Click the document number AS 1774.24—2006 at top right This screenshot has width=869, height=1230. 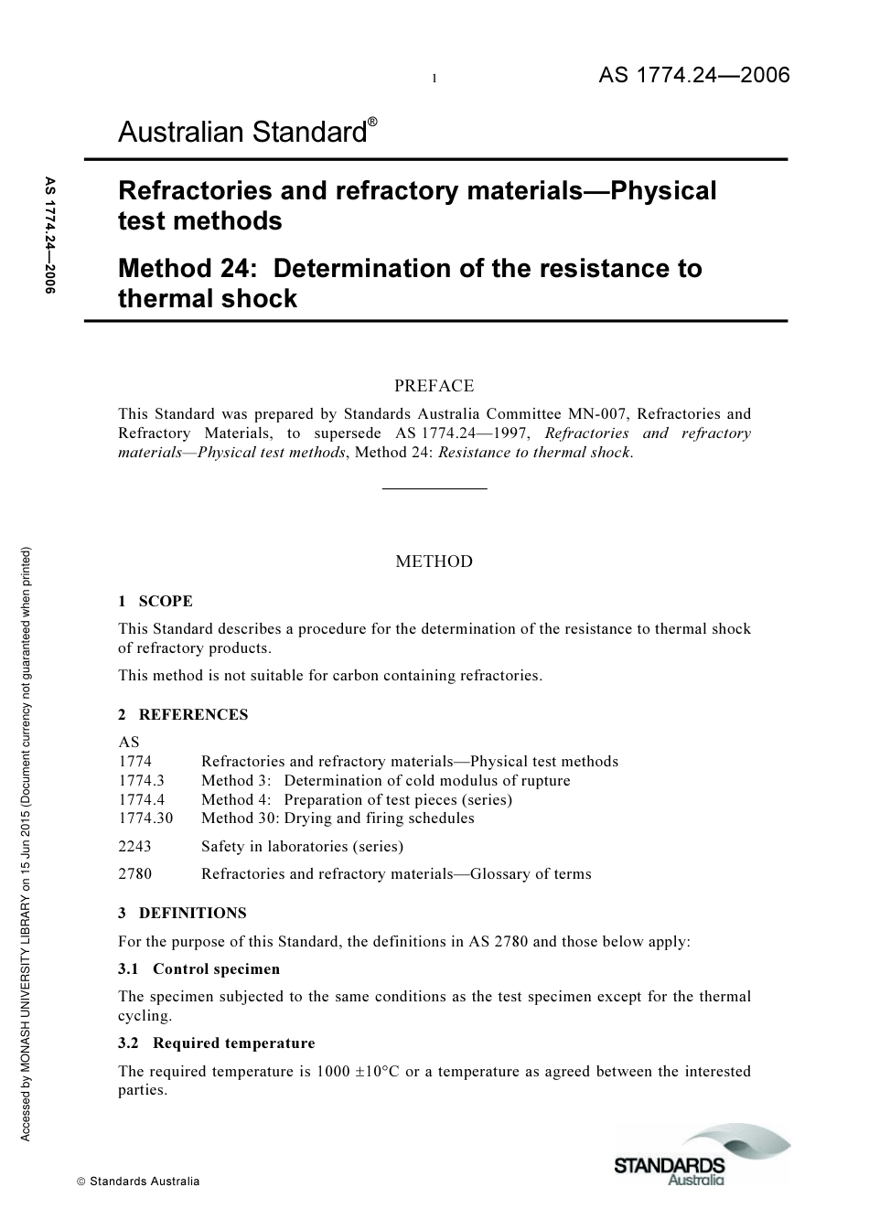coord(693,76)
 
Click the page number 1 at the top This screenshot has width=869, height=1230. coord(434,79)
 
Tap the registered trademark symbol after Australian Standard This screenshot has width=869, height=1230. coord(372,123)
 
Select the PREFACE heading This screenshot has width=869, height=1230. coord(434,386)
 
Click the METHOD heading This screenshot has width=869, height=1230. coord(434,562)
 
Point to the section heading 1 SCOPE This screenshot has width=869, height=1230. coord(156,601)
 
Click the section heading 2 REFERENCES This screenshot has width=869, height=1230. coord(183,714)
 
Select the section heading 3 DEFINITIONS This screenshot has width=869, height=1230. coord(182,913)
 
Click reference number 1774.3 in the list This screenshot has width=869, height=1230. coord(142,780)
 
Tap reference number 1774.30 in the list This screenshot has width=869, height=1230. coord(145,818)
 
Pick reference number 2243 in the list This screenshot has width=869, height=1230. coord(135,846)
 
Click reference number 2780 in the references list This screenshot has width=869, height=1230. coord(135,873)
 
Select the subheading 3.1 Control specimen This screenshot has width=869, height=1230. coord(199,968)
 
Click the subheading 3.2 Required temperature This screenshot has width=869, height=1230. coord(217,1043)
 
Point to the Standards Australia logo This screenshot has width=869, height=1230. coord(701,1158)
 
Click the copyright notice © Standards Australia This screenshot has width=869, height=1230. coord(138,1181)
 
